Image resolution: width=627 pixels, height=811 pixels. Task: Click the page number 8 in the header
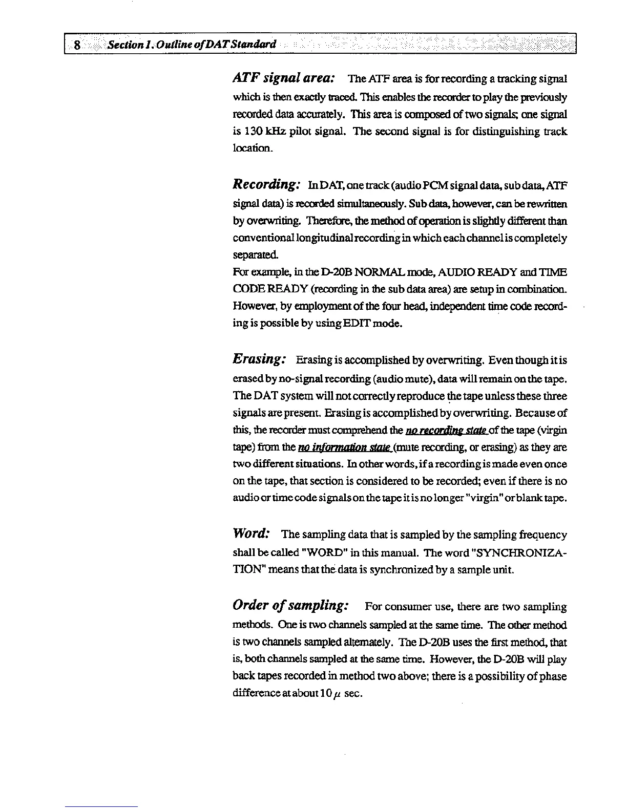(x=76, y=45)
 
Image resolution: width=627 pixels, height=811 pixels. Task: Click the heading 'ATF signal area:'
(x=284, y=79)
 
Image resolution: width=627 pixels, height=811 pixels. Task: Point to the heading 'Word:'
(x=251, y=533)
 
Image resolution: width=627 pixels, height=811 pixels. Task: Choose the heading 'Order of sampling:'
(x=291, y=606)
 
